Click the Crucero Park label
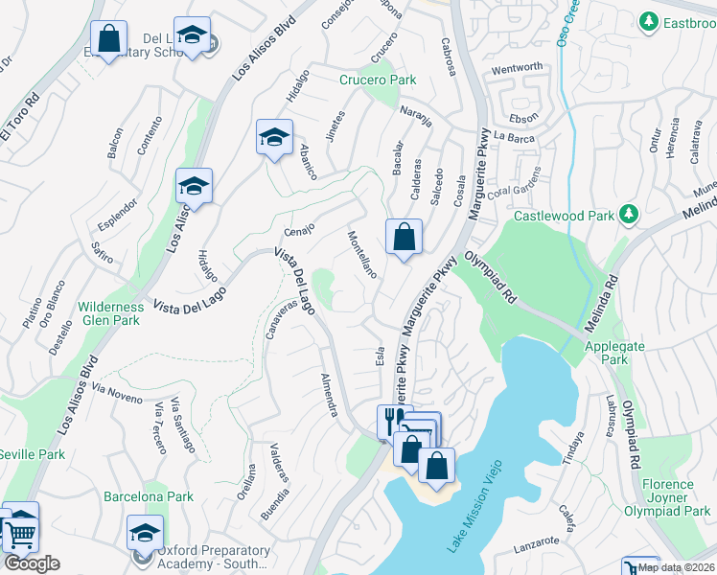click(x=378, y=80)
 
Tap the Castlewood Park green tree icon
click(x=629, y=215)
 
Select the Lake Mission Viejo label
click(x=473, y=517)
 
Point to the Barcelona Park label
click(x=149, y=496)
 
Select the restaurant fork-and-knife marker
click(x=392, y=419)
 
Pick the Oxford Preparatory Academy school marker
click(x=145, y=532)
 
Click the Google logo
click(x=33, y=563)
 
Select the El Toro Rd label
click(x=20, y=117)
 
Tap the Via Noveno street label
click(x=117, y=392)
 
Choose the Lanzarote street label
click(x=535, y=543)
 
